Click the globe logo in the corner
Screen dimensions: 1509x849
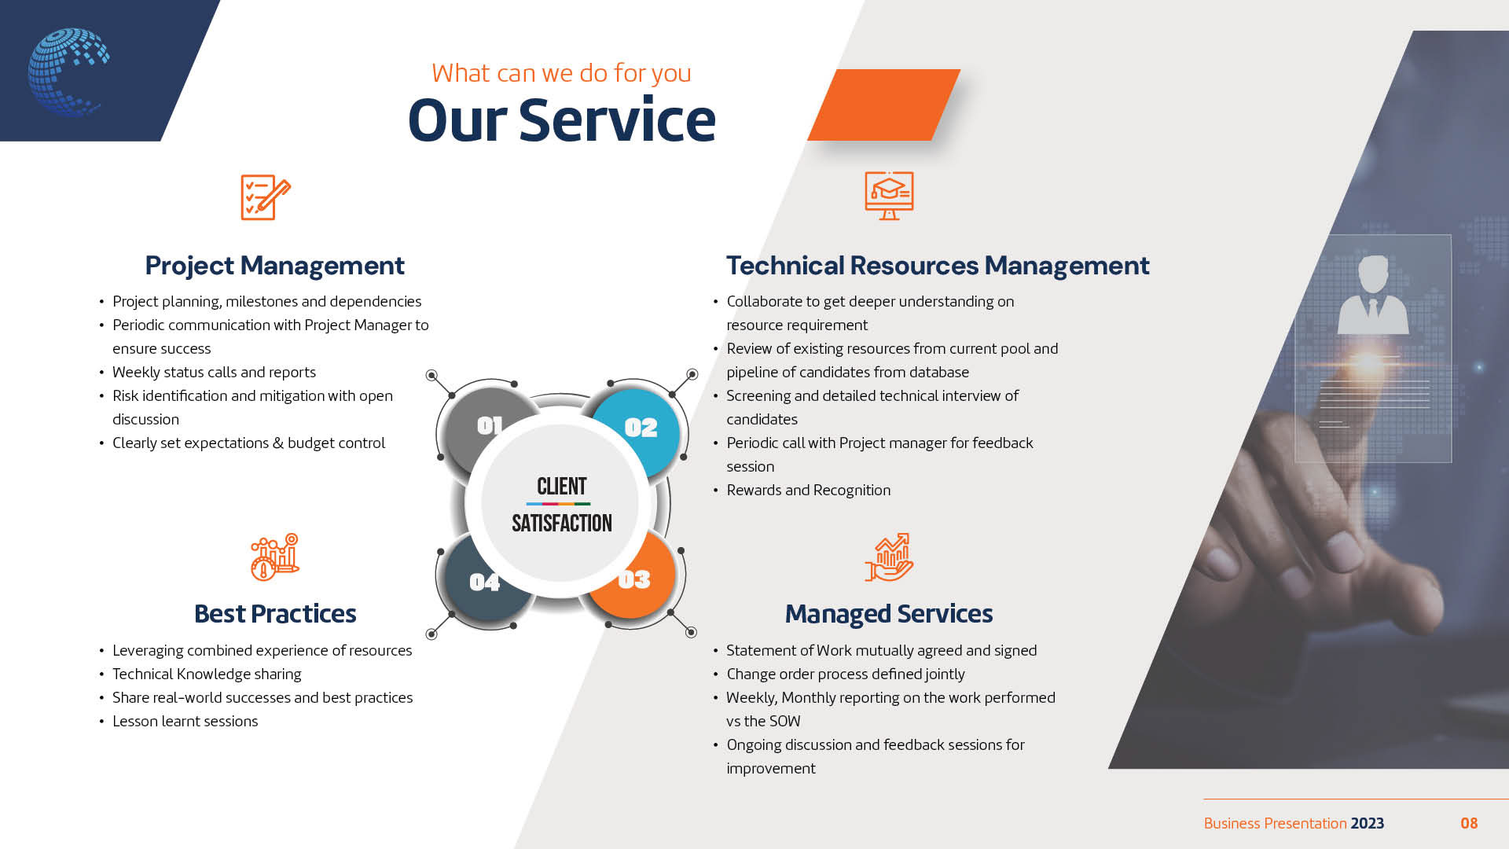click(68, 72)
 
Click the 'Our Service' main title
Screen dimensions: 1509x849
click(561, 120)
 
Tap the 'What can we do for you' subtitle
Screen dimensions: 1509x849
click(561, 73)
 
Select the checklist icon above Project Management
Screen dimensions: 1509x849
click(266, 197)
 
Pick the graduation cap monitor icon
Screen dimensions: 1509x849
click(889, 196)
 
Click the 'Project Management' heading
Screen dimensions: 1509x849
click(274, 266)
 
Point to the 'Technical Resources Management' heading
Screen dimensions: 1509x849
click(938, 266)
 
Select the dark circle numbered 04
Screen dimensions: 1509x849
click(485, 580)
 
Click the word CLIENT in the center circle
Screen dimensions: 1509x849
click(561, 487)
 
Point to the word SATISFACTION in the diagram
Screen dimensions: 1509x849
click(561, 523)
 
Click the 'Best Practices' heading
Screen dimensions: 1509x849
click(275, 614)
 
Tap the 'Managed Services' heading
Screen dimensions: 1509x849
click(889, 614)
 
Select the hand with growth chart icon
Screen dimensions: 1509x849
click(889, 557)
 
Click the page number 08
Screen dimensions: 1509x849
click(1469, 823)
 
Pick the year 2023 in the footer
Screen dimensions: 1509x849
click(1368, 823)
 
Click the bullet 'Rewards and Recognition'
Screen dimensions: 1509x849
click(809, 490)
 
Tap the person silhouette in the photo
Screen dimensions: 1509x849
click(1373, 295)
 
